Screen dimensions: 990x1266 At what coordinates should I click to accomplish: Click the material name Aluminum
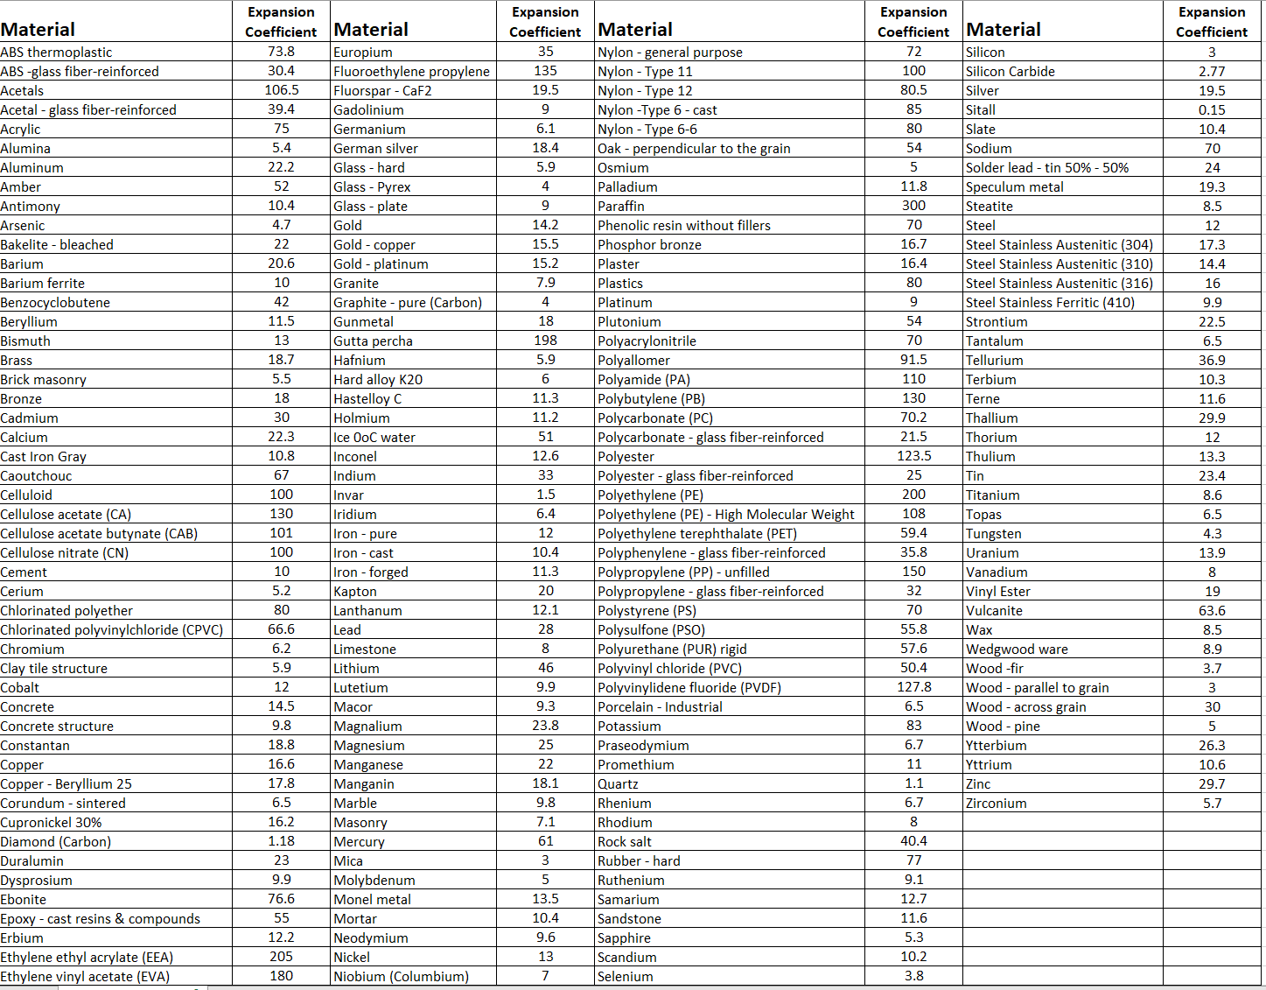click(x=32, y=168)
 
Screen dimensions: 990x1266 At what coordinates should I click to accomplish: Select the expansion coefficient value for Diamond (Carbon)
click(x=281, y=841)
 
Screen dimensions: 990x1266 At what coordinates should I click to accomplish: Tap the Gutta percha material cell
click(x=373, y=341)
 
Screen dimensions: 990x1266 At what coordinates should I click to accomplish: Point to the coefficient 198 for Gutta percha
click(x=545, y=341)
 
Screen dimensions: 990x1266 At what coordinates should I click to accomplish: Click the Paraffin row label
click(x=621, y=207)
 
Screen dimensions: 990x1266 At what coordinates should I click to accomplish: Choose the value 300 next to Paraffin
click(x=913, y=206)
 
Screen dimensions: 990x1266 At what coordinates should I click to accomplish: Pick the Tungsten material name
click(x=993, y=534)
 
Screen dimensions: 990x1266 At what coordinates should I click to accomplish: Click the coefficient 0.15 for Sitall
click(x=1212, y=110)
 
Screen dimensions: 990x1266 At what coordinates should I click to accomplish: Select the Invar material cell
click(x=348, y=495)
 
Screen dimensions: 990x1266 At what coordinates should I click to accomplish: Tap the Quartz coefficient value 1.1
click(x=913, y=783)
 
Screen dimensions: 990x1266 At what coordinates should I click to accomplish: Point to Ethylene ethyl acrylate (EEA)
click(x=87, y=958)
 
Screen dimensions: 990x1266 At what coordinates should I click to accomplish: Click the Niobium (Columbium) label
click(x=401, y=977)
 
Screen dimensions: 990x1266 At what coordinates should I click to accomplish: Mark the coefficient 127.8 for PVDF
click(x=913, y=687)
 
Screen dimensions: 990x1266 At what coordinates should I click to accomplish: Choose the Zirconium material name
click(x=996, y=804)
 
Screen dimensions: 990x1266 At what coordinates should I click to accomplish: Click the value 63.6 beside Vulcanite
click(x=1212, y=610)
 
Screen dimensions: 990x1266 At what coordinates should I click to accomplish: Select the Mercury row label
click(x=359, y=842)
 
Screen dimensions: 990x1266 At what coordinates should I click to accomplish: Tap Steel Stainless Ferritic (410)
click(x=1050, y=303)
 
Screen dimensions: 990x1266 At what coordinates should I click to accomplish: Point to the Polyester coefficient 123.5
click(x=913, y=456)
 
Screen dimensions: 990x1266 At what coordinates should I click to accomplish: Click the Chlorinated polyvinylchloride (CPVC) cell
click(x=112, y=630)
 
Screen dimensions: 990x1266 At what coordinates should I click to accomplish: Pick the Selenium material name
click(x=625, y=977)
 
